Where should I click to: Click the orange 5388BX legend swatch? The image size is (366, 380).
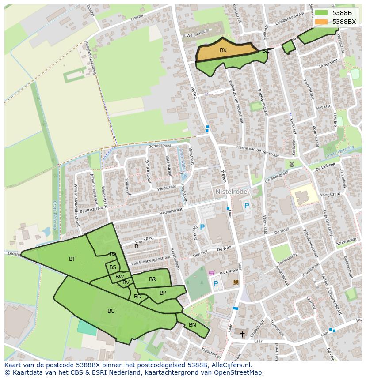[x=321, y=22]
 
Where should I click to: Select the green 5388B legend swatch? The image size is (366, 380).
[x=321, y=13]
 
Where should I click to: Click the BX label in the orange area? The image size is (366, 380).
[x=223, y=50]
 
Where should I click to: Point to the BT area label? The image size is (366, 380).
[x=72, y=259]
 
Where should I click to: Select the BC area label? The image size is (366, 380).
[x=111, y=311]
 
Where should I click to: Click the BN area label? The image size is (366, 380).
[x=192, y=325]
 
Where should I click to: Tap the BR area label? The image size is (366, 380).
[x=152, y=279]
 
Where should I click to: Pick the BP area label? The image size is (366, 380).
[x=163, y=293]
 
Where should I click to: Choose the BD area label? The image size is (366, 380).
[x=137, y=297]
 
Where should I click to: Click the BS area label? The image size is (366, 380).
[x=113, y=267]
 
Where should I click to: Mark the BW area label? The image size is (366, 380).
[x=119, y=277]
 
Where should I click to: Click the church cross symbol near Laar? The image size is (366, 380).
[x=242, y=334]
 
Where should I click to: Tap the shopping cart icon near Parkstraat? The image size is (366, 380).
[x=211, y=273]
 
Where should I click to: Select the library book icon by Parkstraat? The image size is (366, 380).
[x=236, y=282]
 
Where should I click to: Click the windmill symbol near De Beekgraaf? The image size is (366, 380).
[x=292, y=164]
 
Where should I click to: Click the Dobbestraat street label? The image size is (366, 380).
[x=160, y=146]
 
